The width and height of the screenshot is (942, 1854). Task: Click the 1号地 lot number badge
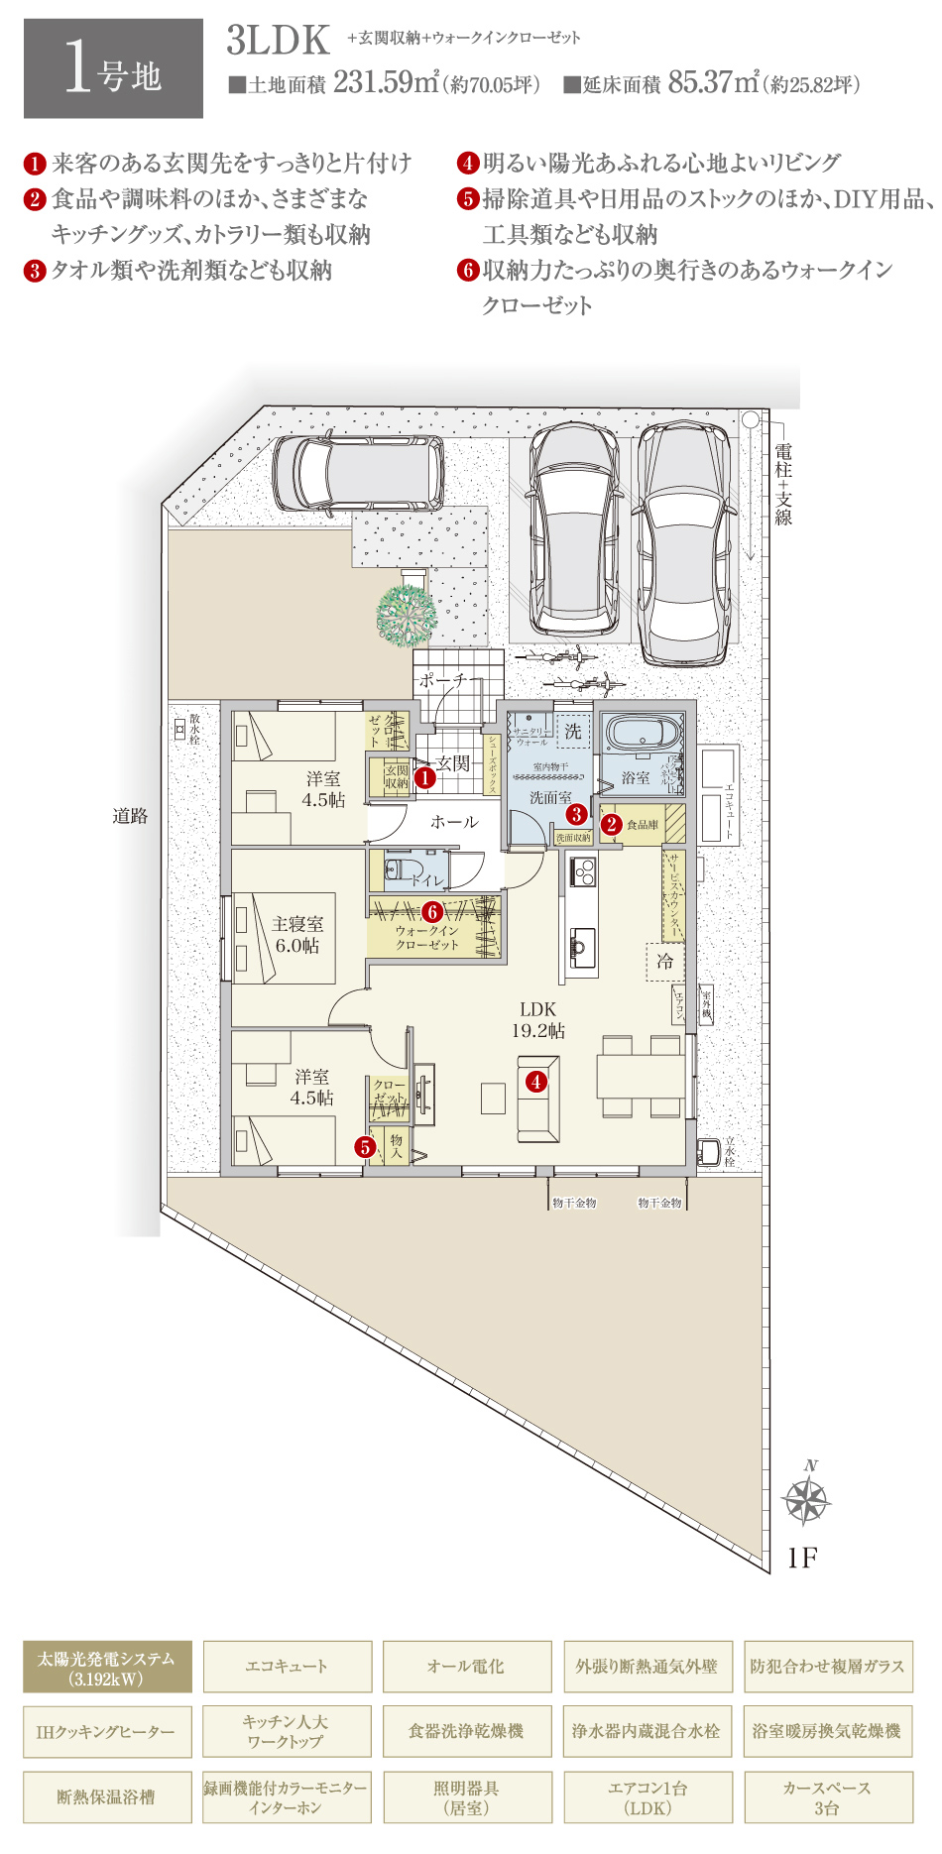pyautogui.click(x=113, y=69)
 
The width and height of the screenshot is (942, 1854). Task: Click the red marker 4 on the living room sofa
pyautogui.click(x=536, y=1082)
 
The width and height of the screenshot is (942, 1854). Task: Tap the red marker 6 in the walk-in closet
pyautogui.click(x=432, y=911)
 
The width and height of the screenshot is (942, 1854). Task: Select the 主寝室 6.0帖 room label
pyautogui.click(x=297, y=935)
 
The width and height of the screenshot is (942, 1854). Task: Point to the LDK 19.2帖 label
pyautogui.click(x=537, y=1019)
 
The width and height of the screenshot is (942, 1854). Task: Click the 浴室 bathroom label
pyautogui.click(x=636, y=777)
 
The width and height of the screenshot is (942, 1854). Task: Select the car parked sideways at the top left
pyautogui.click(x=358, y=473)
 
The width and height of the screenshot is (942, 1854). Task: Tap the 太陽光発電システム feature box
pyautogui.click(x=107, y=1668)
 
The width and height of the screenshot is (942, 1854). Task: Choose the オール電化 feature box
pyautogui.click(x=466, y=1668)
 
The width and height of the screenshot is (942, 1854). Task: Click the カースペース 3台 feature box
pyautogui.click(x=827, y=1797)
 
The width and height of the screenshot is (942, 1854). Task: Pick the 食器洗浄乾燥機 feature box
pyautogui.click(x=466, y=1732)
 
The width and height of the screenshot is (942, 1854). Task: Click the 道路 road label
pyautogui.click(x=130, y=816)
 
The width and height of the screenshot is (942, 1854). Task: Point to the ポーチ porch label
pyautogui.click(x=441, y=681)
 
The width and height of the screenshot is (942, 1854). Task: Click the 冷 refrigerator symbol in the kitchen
pyautogui.click(x=664, y=961)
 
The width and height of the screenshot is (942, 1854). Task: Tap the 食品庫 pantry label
pyautogui.click(x=643, y=825)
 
